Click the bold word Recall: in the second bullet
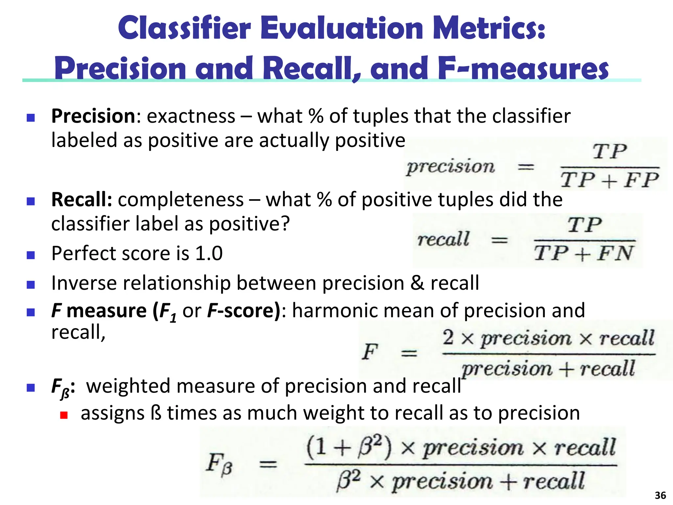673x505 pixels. (82, 200)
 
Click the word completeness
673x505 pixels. (181, 200)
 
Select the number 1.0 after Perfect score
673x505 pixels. (209, 253)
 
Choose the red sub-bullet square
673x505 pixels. (64, 415)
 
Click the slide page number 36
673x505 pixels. (660, 495)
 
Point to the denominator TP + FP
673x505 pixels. (610, 180)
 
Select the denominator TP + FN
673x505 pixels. (583, 253)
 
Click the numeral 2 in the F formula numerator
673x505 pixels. (448, 337)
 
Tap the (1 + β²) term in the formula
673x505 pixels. (349, 448)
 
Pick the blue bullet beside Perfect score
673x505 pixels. (31, 255)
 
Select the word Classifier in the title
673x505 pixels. (184, 28)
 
